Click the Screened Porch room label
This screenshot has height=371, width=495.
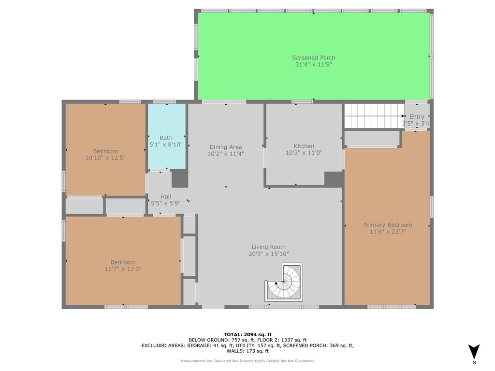313,58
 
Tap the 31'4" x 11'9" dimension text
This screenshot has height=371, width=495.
313,65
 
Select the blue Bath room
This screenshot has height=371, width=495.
167,136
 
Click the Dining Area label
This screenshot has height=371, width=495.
226,147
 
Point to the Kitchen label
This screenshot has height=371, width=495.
304,146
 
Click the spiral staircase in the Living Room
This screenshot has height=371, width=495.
284,282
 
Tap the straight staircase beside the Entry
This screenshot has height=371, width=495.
375,116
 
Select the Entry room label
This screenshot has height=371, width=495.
417,117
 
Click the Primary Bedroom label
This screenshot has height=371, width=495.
388,225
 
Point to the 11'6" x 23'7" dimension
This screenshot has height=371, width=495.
388,232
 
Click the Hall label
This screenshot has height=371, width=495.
166,197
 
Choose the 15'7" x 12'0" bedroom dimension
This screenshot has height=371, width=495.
123,269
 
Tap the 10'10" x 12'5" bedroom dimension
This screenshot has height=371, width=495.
105,158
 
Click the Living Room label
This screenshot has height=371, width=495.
269,247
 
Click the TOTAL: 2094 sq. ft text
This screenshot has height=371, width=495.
247,334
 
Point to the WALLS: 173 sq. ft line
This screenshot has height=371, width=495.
247,351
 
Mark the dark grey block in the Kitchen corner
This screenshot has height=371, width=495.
334,179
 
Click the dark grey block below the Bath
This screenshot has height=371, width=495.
180,179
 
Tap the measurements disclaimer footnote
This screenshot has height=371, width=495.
247,361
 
